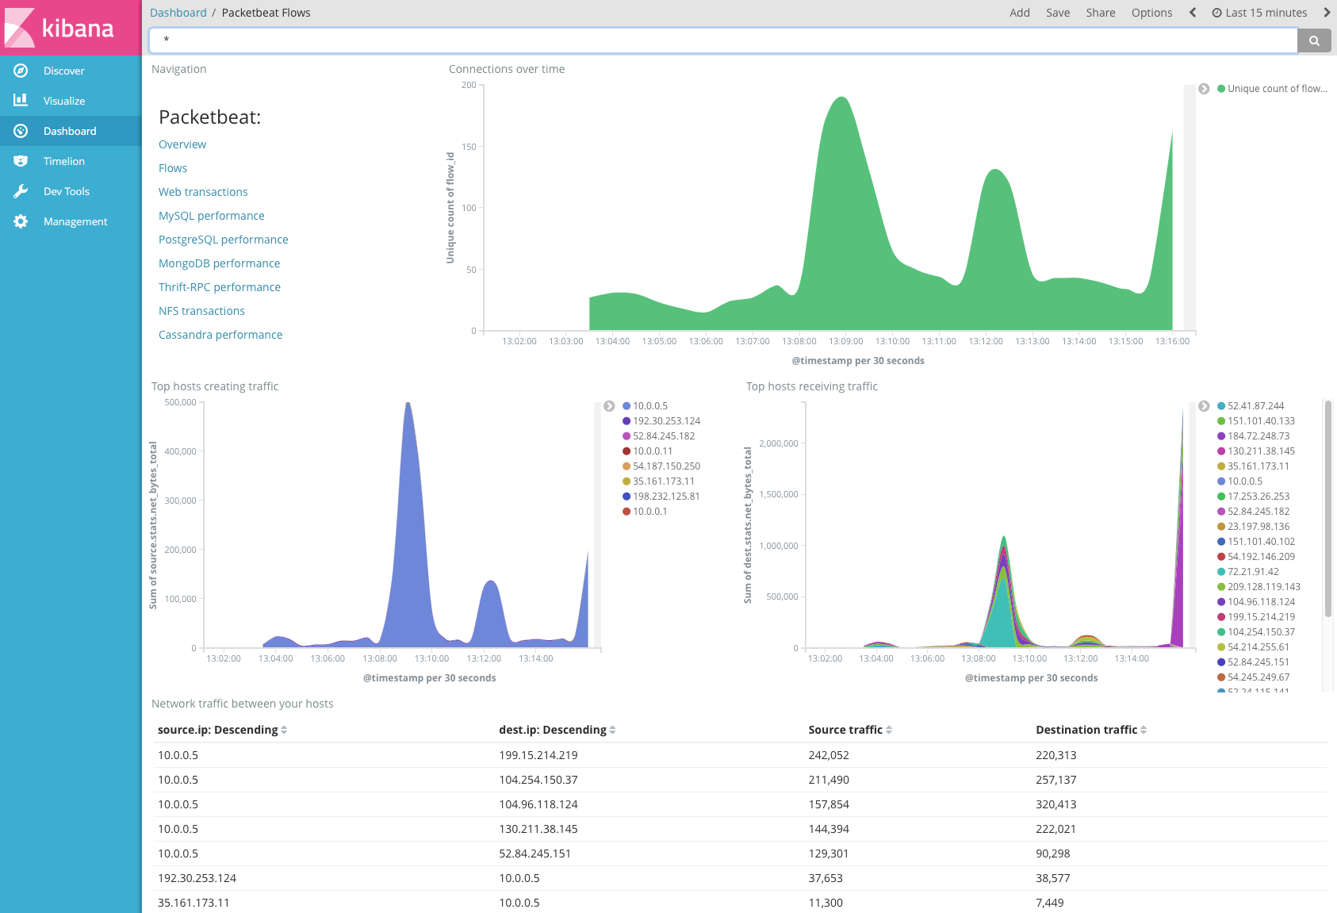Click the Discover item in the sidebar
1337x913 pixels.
[63, 71]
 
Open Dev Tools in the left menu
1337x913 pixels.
[66, 191]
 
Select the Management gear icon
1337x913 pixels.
[21, 221]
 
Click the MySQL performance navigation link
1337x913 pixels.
[211, 216]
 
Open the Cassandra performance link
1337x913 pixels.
[220, 335]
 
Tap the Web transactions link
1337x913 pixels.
[203, 192]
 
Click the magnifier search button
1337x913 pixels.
[1314, 40]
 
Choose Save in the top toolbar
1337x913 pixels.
[1057, 13]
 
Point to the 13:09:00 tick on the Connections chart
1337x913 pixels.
[845, 341]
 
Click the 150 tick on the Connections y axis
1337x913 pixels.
[469, 147]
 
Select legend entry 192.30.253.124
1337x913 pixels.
[666, 421]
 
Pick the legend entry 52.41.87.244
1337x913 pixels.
[1255, 406]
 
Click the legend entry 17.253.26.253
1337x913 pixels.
[1258, 497]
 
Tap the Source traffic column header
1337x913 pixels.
[845, 730]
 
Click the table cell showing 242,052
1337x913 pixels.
[829, 755]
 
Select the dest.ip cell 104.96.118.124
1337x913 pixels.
[538, 804]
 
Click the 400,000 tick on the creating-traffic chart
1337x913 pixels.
[180, 451]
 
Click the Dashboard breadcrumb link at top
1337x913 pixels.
[178, 13]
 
